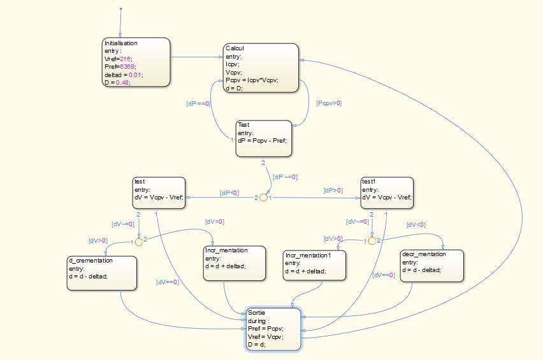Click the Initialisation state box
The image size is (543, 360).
coord(136,61)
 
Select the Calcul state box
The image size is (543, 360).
coord(261,68)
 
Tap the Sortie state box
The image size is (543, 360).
coord(274,329)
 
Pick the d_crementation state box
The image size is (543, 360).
coord(102,273)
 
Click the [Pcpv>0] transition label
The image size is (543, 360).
coord(329,103)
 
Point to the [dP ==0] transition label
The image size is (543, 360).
coord(198,103)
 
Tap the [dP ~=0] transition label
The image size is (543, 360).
coord(286,176)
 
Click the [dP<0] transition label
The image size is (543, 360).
coord(229,192)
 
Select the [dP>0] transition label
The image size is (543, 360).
coord(333,190)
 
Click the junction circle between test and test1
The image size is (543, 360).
coord(264,198)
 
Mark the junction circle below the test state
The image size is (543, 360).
coord(138,242)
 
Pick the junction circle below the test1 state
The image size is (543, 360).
coord(372,241)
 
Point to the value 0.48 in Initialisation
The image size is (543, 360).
coord(121,82)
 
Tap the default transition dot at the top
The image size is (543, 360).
coord(120,10)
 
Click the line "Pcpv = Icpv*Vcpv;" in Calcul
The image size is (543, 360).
coord(252,80)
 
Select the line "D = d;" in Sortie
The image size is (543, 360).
coord(257,344)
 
